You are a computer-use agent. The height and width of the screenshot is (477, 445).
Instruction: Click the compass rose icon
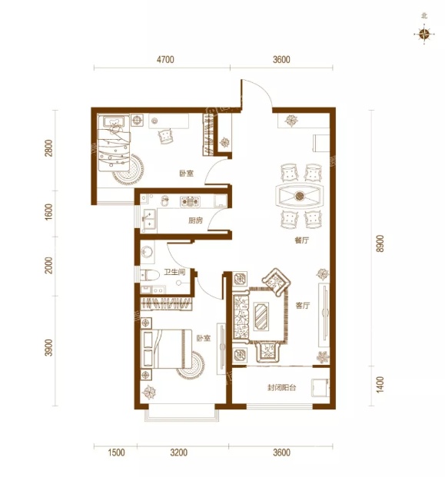pyautogui.click(x=424, y=34)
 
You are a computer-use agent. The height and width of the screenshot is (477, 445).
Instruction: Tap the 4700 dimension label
pyautogui.click(x=165, y=59)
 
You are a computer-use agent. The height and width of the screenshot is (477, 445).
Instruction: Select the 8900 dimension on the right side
pyautogui.click(x=380, y=243)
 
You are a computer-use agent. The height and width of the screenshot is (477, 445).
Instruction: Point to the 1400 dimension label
pyautogui.click(x=380, y=385)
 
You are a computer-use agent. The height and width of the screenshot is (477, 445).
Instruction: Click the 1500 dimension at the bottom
pyautogui.click(x=116, y=452)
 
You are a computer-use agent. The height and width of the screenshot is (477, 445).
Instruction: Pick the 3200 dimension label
pyautogui.click(x=178, y=452)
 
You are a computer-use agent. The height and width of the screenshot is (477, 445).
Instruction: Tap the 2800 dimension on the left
pyautogui.click(x=48, y=148)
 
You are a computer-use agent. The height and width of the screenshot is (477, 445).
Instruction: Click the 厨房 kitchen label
pyautogui.click(x=195, y=220)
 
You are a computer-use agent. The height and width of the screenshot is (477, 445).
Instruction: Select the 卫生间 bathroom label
pyautogui.click(x=174, y=272)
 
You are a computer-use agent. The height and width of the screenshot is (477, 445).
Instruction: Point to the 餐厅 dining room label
pyautogui.click(x=301, y=240)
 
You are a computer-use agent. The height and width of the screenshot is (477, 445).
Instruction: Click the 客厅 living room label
pyautogui.click(x=303, y=306)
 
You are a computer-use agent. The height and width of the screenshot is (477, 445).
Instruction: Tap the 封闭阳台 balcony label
pyautogui.click(x=282, y=388)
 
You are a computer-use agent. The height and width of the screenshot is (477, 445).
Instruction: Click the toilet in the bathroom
pyautogui.click(x=150, y=275)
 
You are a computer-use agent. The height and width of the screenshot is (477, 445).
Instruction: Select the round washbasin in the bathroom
pyautogui.click(x=148, y=252)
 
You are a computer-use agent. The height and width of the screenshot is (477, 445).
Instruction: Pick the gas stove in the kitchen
pyautogui.click(x=190, y=201)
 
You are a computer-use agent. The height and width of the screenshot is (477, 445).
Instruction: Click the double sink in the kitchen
pyautogui.click(x=149, y=219)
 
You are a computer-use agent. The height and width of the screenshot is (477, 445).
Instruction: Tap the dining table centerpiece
pyautogui.click(x=300, y=196)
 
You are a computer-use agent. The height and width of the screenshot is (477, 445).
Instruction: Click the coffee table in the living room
pyautogui.click(x=261, y=316)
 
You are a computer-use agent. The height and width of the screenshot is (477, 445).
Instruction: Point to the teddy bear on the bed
pyautogui.click(x=115, y=125)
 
